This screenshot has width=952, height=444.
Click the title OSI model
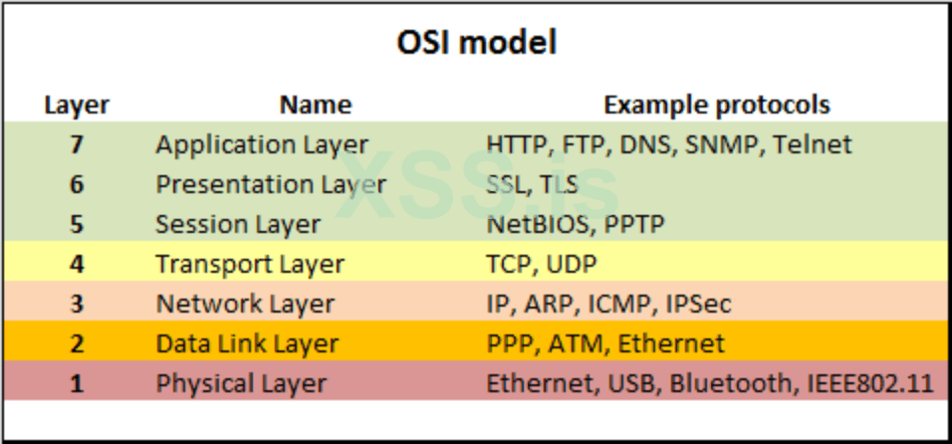pos(476,44)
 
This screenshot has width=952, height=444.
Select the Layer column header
pos(77,105)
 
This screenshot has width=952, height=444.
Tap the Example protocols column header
pos(717,105)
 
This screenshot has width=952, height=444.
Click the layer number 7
pos(77,144)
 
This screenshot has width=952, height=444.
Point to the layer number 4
pos(77,264)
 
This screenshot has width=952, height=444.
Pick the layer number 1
pos(77,383)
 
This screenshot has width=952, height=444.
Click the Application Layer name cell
pos(261,144)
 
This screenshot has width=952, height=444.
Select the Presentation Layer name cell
pos(270,184)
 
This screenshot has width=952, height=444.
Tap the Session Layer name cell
pos(237,224)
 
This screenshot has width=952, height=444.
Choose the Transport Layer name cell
pos(249,264)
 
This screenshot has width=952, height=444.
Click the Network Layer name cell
pos(245,304)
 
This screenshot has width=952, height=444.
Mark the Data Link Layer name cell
pos(247,343)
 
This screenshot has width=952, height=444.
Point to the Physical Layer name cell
pos(241,383)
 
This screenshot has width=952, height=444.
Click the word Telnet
pos(813,144)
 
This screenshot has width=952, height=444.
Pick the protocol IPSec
pos(698,304)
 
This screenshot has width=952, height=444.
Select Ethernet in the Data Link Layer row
pos(671,343)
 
